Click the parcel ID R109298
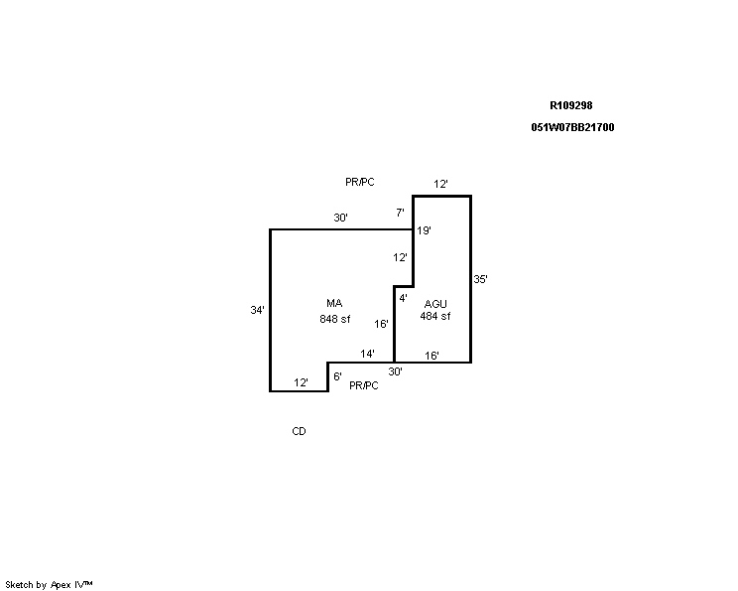[571, 105]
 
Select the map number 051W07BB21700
[572, 127]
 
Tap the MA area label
[334, 303]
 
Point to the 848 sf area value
[334, 319]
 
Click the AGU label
[435, 304]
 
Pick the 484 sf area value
[434, 316]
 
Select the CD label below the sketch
[299, 431]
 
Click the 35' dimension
[480, 279]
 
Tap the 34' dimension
[258, 310]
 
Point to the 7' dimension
[400, 213]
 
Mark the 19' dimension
[425, 230]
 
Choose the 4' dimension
[404, 298]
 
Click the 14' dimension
[368, 354]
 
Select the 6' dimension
[337, 376]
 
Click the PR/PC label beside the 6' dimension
[364, 385]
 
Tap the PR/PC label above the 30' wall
[360, 182]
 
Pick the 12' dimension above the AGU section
[440, 184]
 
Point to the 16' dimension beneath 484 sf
[432, 356]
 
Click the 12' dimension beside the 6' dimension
[302, 382]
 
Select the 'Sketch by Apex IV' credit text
[49, 585]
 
